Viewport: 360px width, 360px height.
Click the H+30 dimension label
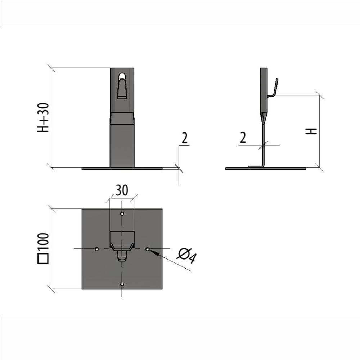tap(43, 118)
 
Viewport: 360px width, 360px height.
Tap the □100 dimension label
tap(43, 248)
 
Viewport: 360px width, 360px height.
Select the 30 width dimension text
tap(122, 190)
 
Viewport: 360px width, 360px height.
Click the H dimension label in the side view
tap(311, 131)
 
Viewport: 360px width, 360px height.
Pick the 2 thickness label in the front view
tap(184, 138)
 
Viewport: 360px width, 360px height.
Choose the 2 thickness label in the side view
tap(243, 138)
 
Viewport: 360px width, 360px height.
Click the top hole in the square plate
tap(122, 214)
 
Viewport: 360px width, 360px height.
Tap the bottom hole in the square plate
tap(122, 284)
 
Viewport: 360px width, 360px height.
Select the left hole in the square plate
tap(96, 249)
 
